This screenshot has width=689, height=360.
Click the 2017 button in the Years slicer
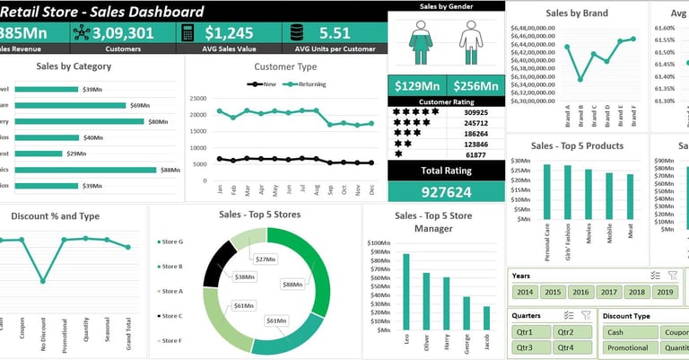(x=609, y=292)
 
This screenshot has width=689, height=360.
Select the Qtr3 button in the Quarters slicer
(x=524, y=347)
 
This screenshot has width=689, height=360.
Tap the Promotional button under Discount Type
(x=627, y=347)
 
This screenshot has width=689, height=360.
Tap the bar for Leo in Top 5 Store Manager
(x=406, y=292)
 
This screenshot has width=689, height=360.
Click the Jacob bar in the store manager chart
(x=487, y=318)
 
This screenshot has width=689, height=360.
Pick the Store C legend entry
(x=170, y=316)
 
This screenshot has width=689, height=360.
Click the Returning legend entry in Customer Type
(x=305, y=84)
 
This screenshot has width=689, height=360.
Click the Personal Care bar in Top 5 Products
(x=547, y=191)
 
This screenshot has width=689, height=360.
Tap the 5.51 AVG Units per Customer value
(x=335, y=33)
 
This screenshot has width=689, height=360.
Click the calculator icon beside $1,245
(x=188, y=33)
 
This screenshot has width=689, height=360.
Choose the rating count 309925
(x=470, y=112)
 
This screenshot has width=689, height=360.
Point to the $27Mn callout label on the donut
(x=266, y=259)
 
